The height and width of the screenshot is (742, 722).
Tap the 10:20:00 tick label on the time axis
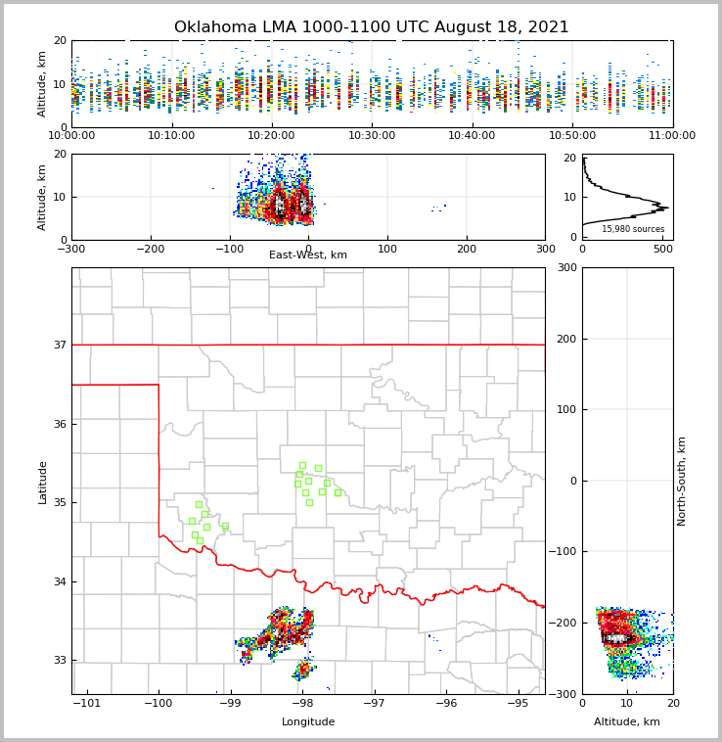click(x=271, y=135)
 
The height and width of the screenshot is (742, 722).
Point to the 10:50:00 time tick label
click(x=572, y=135)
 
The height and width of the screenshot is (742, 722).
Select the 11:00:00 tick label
click(x=672, y=135)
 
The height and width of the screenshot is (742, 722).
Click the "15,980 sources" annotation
click(x=633, y=229)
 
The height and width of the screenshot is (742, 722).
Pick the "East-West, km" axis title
click(x=308, y=255)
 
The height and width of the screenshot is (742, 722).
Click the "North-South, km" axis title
click(x=682, y=481)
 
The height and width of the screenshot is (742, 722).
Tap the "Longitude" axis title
click(x=308, y=722)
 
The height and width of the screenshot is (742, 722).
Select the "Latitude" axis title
click(x=42, y=482)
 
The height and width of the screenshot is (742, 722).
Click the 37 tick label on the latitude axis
click(x=60, y=345)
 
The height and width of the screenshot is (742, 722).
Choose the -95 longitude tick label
click(x=518, y=703)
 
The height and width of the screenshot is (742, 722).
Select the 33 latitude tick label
click(x=60, y=660)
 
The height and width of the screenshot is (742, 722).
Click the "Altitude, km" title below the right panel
click(x=627, y=722)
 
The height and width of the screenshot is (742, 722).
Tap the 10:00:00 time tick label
click(x=71, y=135)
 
